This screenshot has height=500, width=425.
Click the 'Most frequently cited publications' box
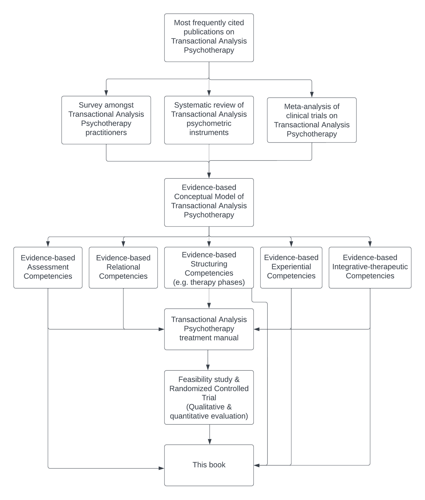(209, 38)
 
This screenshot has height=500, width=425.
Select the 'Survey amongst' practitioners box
(106, 120)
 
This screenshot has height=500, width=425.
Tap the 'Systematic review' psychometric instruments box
(209, 120)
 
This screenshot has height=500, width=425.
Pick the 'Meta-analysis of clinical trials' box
(312, 120)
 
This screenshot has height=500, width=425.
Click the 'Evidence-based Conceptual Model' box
(209, 202)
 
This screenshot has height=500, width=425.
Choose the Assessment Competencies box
(48, 267)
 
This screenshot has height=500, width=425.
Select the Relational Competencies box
(123, 267)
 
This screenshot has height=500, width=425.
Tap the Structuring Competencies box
(209, 267)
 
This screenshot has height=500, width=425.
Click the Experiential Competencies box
(291, 267)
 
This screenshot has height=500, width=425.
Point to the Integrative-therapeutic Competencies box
(370, 267)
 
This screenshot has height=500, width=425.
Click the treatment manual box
(209, 329)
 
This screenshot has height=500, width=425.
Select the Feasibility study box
(209, 397)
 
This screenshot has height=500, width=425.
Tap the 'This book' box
(209, 465)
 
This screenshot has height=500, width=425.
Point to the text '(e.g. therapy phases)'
(209, 282)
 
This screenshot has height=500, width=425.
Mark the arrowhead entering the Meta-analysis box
(312, 95)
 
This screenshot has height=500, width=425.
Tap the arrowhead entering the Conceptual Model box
(209, 176)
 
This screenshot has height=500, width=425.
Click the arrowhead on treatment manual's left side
(161, 329)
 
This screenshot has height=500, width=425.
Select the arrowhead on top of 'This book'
(210, 442)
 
